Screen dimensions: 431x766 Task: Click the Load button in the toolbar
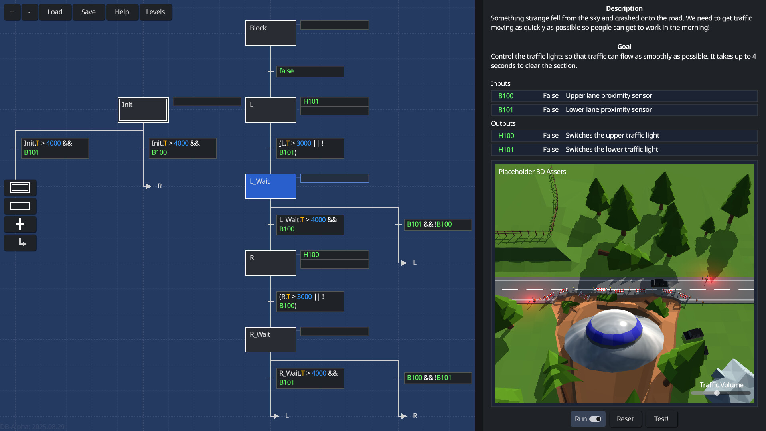(x=55, y=12)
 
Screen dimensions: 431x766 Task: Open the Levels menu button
(x=155, y=12)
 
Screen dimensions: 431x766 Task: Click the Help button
(x=122, y=12)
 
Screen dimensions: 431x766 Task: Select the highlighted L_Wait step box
(x=270, y=186)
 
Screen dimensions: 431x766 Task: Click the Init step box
(x=143, y=110)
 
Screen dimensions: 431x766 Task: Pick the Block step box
(x=270, y=33)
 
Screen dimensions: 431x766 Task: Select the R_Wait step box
(x=270, y=340)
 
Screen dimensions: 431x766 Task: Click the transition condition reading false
(x=310, y=71)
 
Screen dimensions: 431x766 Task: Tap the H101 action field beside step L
(x=334, y=102)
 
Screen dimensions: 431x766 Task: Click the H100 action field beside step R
(x=334, y=255)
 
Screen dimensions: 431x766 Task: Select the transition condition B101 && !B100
(x=437, y=225)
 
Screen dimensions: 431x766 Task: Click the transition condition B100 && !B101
(x=437, y=378)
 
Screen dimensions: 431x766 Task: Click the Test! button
(x=661, y=419)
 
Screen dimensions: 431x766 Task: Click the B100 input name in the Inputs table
(x=506, y=96)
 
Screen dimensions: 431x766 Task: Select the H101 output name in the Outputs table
(x=506, y=150)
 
